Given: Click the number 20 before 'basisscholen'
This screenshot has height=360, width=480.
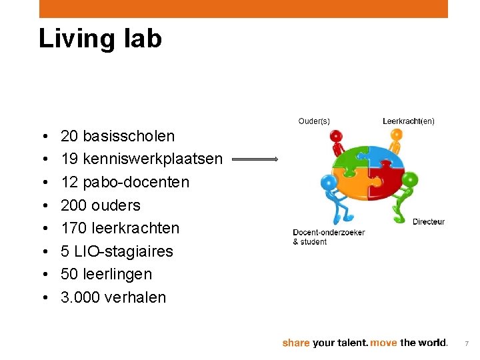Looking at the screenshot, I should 69,136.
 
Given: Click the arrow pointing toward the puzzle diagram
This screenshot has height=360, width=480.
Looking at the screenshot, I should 255,159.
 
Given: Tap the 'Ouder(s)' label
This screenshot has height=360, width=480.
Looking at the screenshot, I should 313,121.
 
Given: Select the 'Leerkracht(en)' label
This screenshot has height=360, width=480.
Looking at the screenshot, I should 408,121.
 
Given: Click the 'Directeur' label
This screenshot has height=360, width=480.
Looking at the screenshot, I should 428,222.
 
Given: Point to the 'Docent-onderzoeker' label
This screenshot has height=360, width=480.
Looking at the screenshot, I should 329,233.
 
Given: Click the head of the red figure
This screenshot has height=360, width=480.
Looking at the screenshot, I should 337,136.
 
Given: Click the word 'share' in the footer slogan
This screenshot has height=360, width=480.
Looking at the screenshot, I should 295,343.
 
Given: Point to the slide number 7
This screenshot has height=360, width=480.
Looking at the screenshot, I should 467,343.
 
